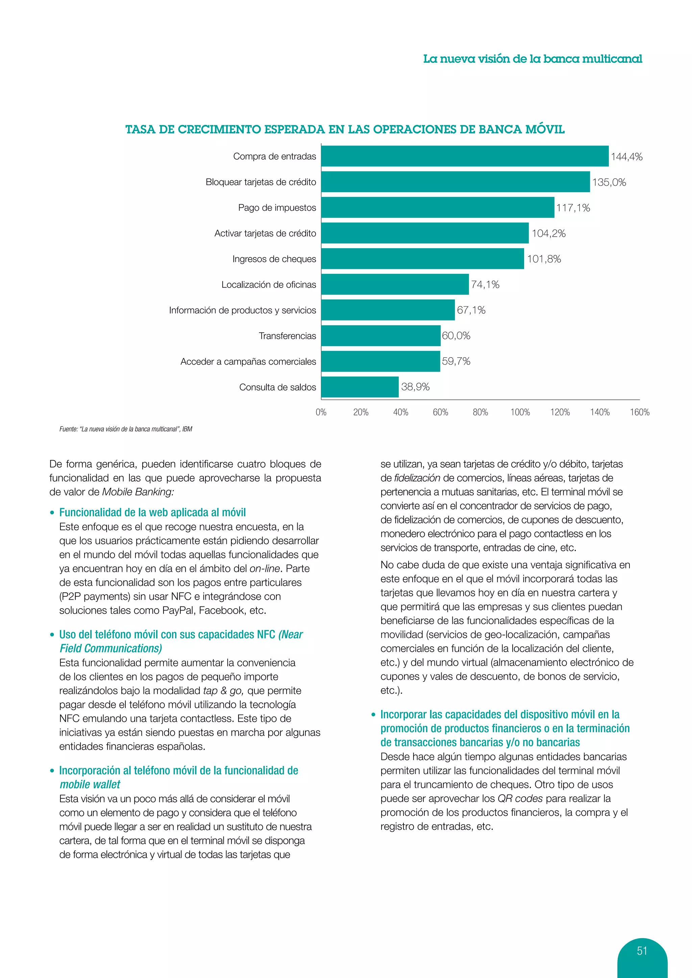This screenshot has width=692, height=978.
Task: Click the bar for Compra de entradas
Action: tap(465, 156)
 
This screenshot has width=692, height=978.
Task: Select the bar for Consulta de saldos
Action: tap(360, 387)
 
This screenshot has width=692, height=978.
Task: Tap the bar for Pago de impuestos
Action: tap(438, 207)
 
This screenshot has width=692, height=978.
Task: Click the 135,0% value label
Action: tap(609, 182)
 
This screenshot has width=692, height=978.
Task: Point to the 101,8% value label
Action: tap(544, 259)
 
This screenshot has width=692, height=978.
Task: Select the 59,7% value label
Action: tap(456, 361)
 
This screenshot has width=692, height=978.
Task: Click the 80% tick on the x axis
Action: tap(480, 412)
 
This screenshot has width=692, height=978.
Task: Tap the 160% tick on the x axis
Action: tap(640, 412)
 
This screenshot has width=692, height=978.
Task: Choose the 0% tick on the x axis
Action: tap(321, 412)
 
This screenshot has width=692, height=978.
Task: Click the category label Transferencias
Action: tap(287, 336)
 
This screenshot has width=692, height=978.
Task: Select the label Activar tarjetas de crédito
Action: tap(265, 233)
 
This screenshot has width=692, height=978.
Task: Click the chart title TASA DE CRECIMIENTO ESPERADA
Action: tap(345, 129)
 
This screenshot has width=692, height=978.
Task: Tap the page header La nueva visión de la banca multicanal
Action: tap(532, 59)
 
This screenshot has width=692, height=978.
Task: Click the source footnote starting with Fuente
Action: tap(126, 429)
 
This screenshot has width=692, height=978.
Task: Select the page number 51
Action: tap(642, 950)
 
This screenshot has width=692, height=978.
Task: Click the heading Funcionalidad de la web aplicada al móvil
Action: tap(152, 512)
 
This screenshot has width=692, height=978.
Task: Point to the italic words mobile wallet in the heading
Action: tap(90, 784)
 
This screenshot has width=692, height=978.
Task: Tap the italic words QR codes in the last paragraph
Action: tap(520, 798)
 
